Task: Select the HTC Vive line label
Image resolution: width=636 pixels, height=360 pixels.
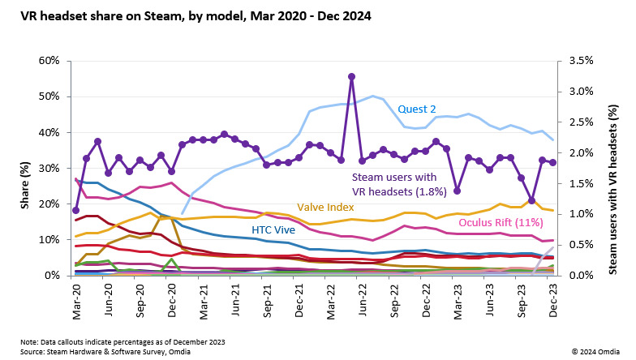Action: pos(273,230)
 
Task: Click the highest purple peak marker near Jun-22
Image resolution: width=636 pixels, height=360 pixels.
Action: pos(351,76)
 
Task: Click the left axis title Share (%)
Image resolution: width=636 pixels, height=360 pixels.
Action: pos(25,168)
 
